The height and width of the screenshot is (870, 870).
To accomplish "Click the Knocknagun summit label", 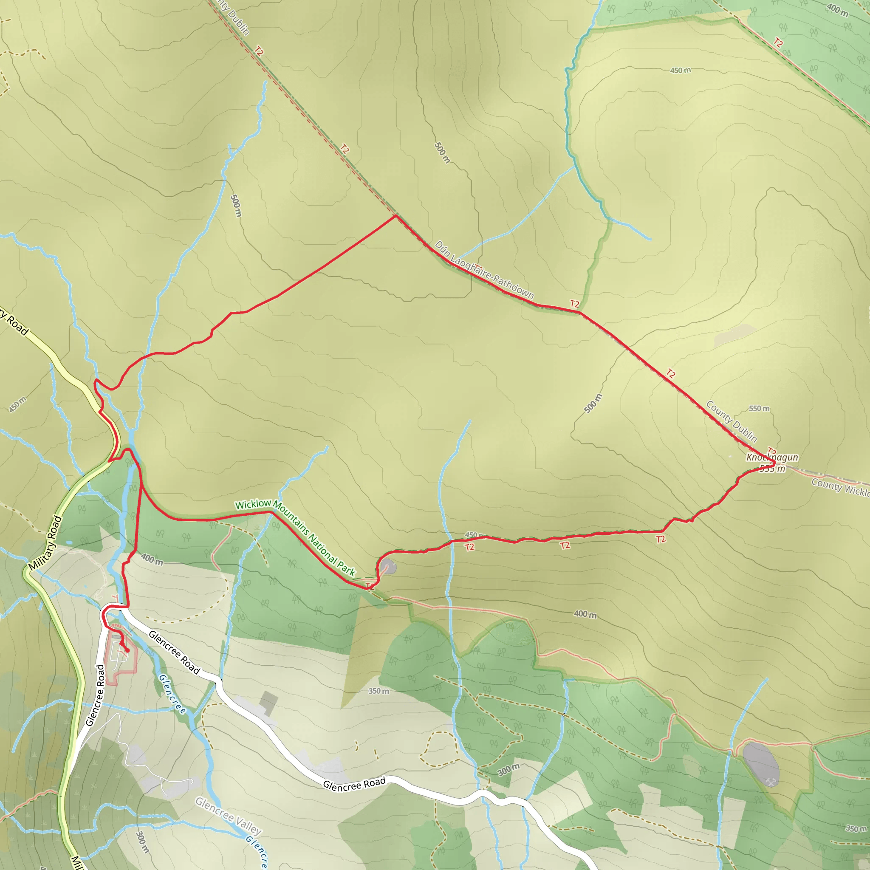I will click(x=772, y=458).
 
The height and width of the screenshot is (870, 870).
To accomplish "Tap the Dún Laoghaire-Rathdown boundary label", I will click(x=484, y=270).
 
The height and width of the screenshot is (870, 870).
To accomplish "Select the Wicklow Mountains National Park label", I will click(x=295, y=537).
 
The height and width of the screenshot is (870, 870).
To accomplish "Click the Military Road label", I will click(x=45, y=543).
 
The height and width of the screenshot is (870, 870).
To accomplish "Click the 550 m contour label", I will click(x=759, y=408).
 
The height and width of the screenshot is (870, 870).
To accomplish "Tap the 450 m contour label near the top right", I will click(x=680, y=70).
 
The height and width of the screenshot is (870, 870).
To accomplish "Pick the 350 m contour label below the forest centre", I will click(x=378, y=691).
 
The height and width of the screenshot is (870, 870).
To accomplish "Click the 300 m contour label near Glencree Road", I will click(x=508, y=770).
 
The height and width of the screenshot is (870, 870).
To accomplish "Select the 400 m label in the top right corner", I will click(x=837, y=9).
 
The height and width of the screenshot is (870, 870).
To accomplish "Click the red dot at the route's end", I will click(x=127, y=650).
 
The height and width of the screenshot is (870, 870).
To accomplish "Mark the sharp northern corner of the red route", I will click(x=396, y=216).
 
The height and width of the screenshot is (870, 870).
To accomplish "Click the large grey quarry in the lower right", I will click(x=760, y=764).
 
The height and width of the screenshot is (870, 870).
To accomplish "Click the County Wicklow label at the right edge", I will click(x=840, y=488).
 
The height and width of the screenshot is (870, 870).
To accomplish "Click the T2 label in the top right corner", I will click(x=778, y=43).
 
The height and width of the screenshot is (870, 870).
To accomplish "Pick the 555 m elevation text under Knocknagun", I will click(x=772, y=469).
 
